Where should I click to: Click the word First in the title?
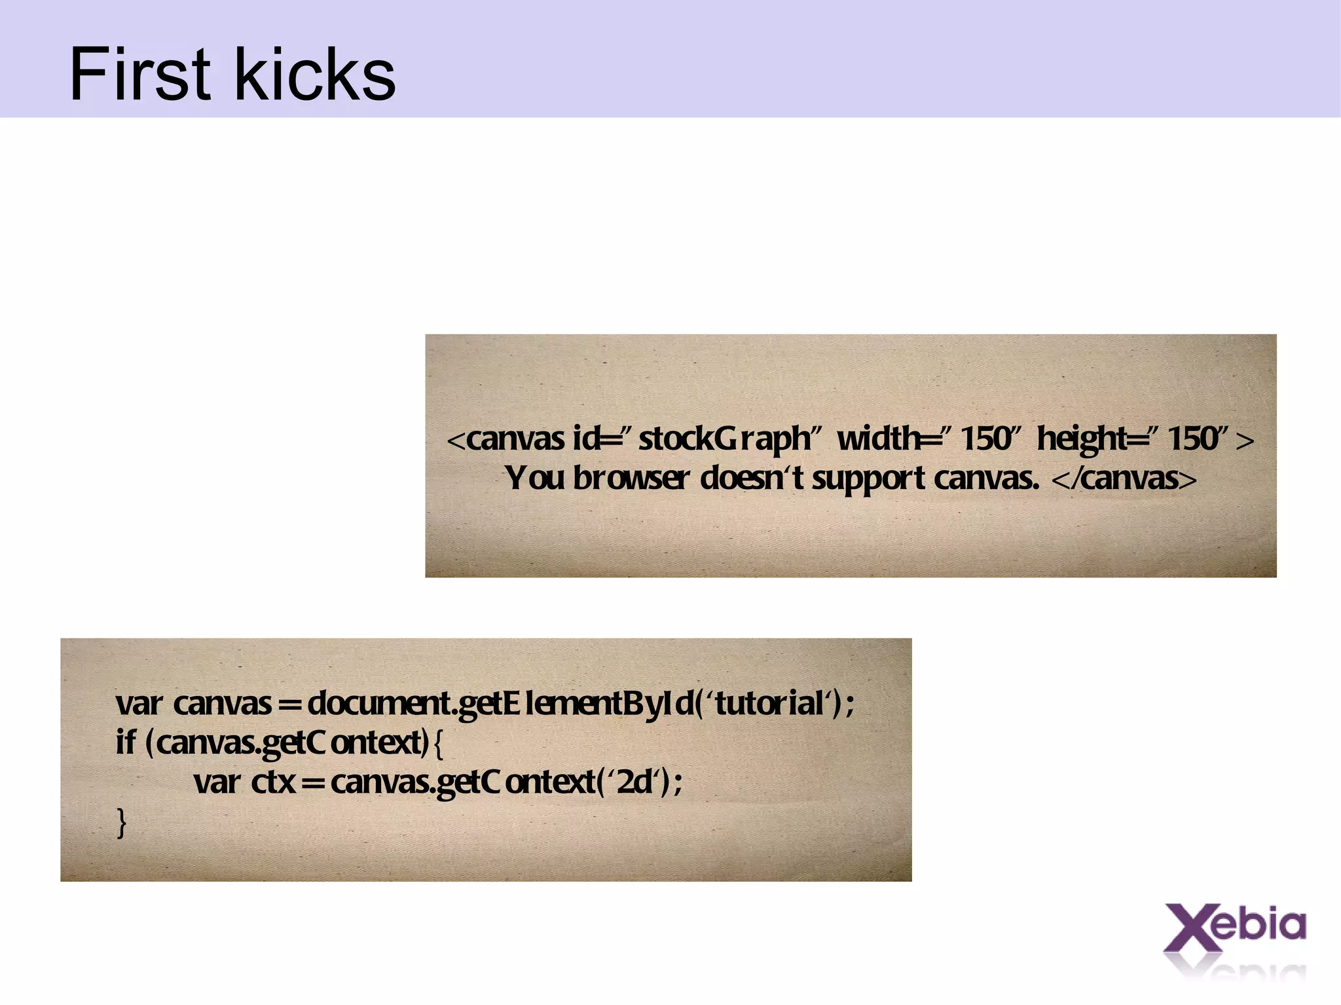[139, 74]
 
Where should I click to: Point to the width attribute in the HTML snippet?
[877, 439]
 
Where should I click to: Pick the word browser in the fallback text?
[631, 479]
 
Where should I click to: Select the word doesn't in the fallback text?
[752, 478]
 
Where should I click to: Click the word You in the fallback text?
[534, 478]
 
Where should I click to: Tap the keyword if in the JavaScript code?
[126, 742]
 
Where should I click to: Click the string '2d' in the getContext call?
[634, 782]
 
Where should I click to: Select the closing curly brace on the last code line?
[121, 822]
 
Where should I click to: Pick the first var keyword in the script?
[139, 704]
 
